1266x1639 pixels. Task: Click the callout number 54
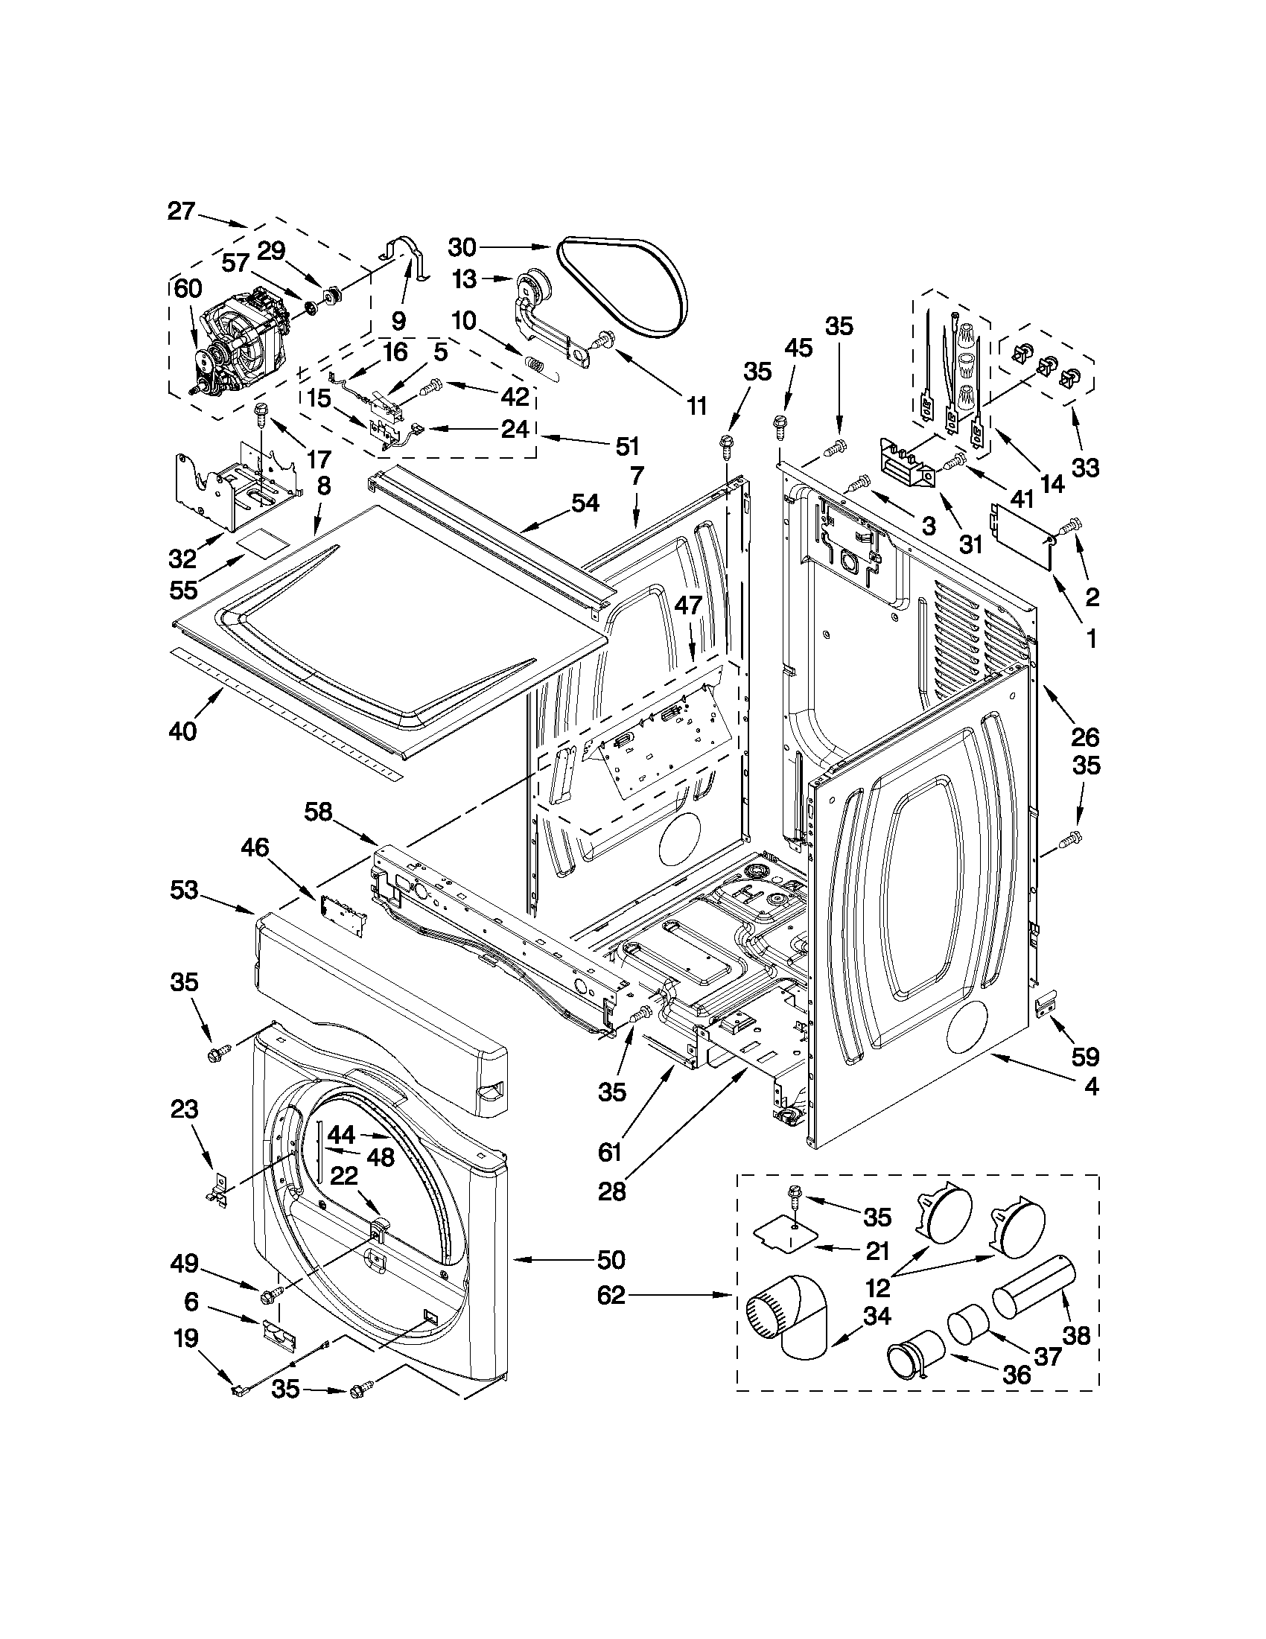tap(585, 503)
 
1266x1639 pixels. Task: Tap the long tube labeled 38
tap(1034, 1286)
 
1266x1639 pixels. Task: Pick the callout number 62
tap(611, 1294)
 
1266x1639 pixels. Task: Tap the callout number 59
tap(1085, 1057)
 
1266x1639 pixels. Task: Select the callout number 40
tap(182, 730)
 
